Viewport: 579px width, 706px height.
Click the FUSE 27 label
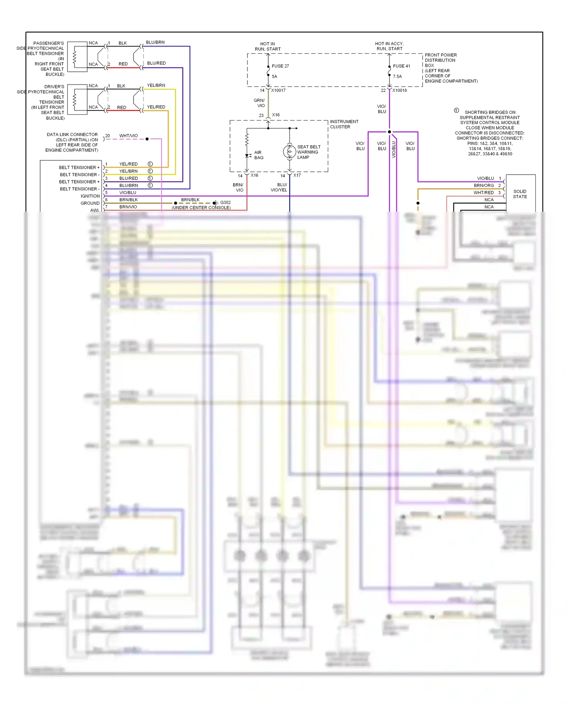[280, 66]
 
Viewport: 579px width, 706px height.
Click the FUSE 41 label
[401, 66]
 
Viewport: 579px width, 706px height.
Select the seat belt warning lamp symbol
[289, 152]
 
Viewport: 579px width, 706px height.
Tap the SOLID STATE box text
[520, 194]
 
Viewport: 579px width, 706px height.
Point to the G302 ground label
[225, 202]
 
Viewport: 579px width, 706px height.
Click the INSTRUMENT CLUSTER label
[344, 124]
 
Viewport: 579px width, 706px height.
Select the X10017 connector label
[278, 90]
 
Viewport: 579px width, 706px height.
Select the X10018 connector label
[400, 90]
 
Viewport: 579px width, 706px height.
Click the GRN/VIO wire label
[259, 103]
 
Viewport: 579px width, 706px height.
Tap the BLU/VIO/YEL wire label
[279, 187]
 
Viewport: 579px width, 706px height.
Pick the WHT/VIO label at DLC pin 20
[129, 136]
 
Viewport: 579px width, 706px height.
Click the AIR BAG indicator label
[259, 155]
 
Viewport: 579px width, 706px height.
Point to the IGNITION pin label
[90, 196]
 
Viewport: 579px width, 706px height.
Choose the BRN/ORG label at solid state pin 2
[484, 185]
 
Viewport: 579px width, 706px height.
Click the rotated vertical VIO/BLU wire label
[394, 149]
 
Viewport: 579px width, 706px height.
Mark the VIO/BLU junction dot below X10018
[389, 132]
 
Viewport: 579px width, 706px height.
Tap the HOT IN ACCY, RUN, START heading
[389, 46]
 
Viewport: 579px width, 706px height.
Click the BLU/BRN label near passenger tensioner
[155, 42]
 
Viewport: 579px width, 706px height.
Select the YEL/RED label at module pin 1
[129, 164]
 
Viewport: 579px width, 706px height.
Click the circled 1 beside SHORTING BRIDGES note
[456, 110]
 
